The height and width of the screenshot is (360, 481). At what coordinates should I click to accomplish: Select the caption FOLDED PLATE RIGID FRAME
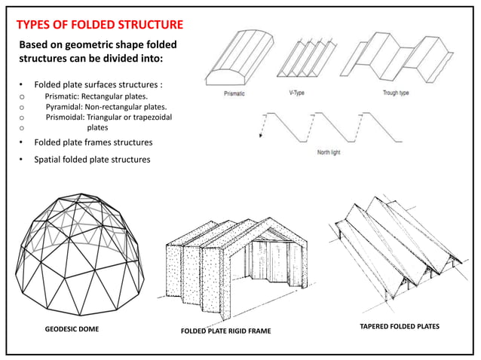coord(225,331)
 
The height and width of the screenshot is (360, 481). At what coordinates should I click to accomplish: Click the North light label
coord(329,151)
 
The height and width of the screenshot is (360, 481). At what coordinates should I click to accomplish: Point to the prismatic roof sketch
coord(238,64)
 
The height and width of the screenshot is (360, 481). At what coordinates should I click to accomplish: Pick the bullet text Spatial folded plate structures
coord(91,159)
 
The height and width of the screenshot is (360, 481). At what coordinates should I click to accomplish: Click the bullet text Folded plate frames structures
coord(93,142)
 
